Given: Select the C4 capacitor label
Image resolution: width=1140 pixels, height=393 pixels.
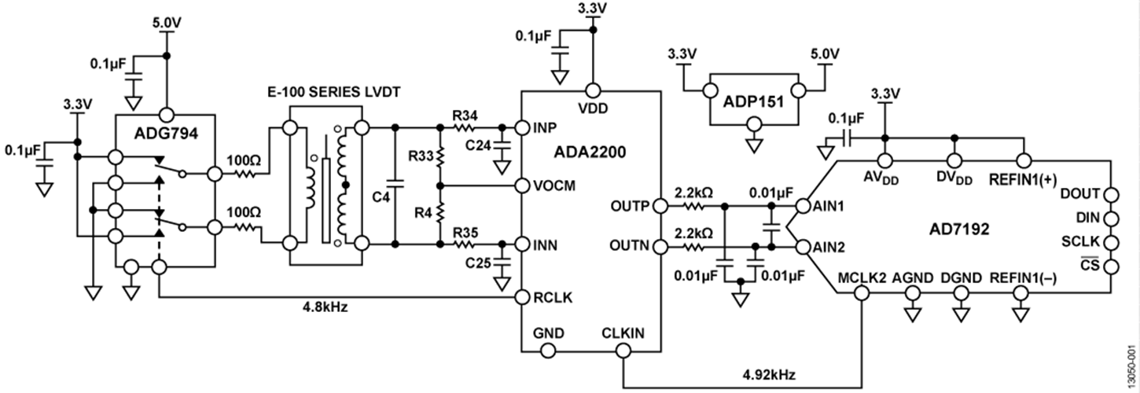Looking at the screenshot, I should [381, 196].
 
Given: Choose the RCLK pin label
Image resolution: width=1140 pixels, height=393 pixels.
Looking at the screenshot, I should [552, 298].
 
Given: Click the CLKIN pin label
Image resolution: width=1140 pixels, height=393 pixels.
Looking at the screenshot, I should [623, 334].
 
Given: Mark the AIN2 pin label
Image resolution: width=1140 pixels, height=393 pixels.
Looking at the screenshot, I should [829, 247].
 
